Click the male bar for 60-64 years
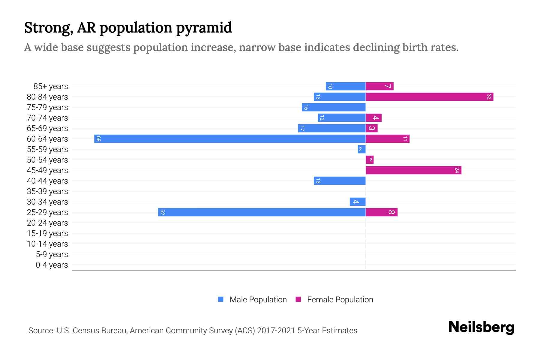pos(230,139)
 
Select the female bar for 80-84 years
pos(429,97)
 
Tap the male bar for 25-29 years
pos(262,212)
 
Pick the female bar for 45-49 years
pos(413,170)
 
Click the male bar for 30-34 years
pos(358,202)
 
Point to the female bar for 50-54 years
pos(370,160)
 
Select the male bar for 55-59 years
pos(361,149)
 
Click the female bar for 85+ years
pos(379,86)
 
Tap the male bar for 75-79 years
pos(334,107)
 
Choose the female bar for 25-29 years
pos(382,212)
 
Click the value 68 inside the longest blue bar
pos(98,139)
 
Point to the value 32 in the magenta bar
pos(489,97)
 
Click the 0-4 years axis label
pos(52,265)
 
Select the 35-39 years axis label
pos(47,191)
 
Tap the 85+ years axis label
pos(51,86)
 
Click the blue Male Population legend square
pos(221,299)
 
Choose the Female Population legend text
pos(340,300)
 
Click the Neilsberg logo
pos(481,327)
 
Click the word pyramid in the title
pos(204,28)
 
